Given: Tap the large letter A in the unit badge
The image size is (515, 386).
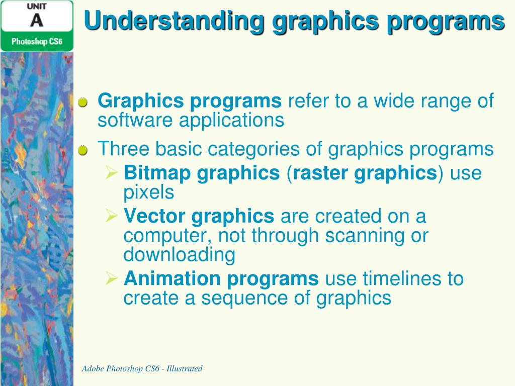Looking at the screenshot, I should [36, 21].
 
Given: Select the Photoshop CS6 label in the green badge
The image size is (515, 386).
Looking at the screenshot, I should [37, 41].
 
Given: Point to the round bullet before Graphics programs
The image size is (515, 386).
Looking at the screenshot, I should [83, 102].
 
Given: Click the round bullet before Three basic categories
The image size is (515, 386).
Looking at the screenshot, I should [83, 150].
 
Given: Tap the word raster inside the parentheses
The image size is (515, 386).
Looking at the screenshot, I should [321, 173].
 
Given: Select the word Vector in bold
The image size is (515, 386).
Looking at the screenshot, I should [154, 217].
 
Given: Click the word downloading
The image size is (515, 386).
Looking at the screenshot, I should [179, 254].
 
